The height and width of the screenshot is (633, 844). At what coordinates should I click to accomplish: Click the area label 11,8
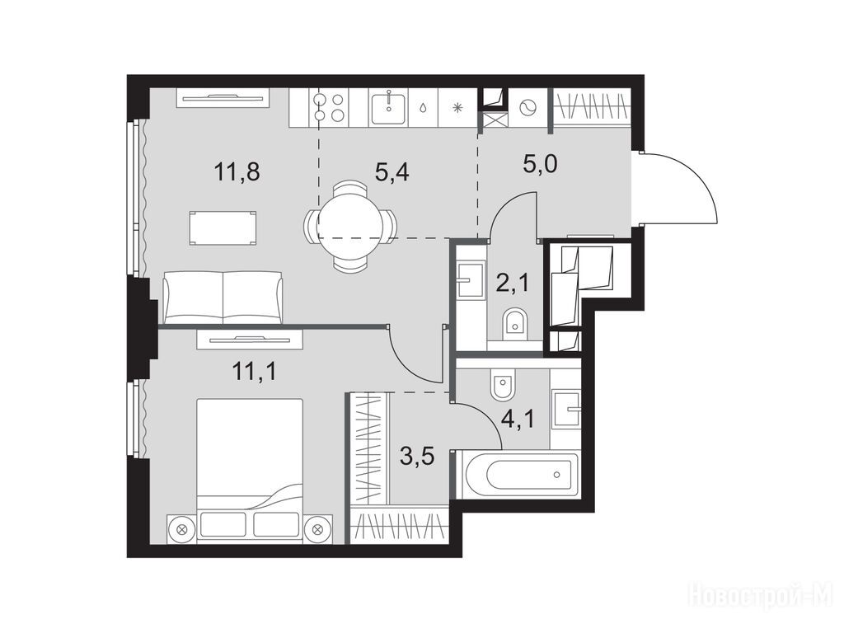pos(237,172)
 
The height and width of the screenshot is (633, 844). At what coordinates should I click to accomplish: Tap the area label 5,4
pos(392,172)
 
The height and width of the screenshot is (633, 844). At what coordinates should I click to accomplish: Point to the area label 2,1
pos(512,282)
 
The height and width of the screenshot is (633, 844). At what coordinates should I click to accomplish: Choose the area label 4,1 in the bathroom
pos(518,418)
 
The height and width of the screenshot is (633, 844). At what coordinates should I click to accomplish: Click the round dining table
pos(351,227)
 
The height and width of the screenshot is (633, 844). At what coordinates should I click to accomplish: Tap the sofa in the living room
pos(223,297)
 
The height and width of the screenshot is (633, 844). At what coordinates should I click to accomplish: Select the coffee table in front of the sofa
pos(223,228)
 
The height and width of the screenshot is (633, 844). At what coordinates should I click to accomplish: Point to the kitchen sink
pos(387,107)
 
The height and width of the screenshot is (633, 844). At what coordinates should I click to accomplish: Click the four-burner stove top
pos(330,107)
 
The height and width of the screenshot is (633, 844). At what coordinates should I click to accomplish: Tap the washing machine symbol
pos(527,108)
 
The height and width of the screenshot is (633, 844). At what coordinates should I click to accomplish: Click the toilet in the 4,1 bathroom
pos(503,384)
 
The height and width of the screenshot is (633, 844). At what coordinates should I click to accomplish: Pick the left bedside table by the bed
pos(181,528)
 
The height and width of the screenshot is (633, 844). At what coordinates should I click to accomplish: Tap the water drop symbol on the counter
pos(423,108)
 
